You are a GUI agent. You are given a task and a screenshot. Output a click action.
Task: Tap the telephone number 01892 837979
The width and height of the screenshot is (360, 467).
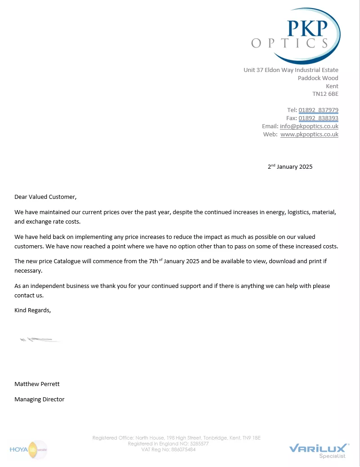pos(318,110)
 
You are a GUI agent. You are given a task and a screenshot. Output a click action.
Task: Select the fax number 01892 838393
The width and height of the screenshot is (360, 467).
pos(318,118)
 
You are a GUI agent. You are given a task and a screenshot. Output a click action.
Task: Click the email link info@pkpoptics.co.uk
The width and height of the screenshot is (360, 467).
pos(309,126)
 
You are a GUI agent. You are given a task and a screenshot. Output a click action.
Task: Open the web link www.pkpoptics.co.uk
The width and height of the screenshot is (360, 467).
pos(309,135)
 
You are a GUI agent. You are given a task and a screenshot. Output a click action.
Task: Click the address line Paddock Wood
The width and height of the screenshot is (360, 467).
pos(318,78)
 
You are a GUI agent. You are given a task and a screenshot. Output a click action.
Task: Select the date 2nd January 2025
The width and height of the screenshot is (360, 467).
pos(290,166)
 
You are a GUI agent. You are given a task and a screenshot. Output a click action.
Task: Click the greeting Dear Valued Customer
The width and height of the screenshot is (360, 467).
pos(45,197)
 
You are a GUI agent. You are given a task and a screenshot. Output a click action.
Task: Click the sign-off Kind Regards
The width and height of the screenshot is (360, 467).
pos(32,310)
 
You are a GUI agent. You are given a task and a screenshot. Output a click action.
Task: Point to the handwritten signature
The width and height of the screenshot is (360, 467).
pos(40,339)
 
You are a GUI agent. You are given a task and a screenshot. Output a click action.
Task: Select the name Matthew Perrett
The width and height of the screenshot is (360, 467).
pos(37,384)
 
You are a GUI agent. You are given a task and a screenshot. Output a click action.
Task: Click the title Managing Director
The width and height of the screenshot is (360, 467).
pos(39,399)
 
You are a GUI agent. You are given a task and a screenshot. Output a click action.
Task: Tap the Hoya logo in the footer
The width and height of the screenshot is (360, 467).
pos(28,449)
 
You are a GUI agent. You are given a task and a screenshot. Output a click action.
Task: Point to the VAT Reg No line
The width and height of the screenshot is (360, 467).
pos(168,449)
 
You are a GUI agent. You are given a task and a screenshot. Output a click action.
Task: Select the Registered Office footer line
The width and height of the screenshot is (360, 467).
pos(176,438)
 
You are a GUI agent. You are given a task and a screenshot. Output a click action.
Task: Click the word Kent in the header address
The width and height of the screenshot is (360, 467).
pos(332,86)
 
